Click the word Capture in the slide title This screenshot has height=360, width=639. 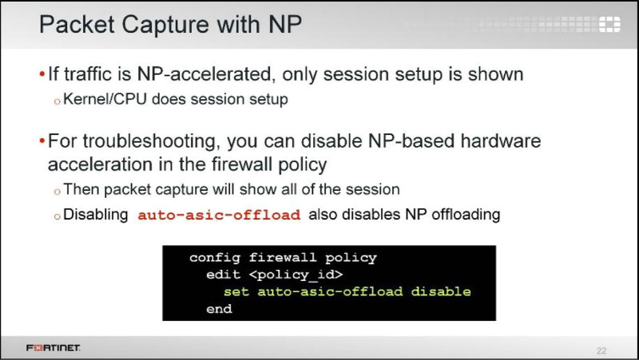tap(166, 25)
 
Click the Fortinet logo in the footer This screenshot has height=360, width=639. tap(53, 348)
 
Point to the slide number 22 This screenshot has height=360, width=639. tap(601, 350)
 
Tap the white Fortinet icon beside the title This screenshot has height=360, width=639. tap(609, 24)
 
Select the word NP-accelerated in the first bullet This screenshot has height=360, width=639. tap(204, 74)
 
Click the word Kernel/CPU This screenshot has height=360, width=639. tap(105, 99)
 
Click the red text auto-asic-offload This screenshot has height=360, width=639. tap(219, 215)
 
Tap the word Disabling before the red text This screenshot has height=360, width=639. tap(95, 215)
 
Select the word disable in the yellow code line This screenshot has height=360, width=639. tap(441, 291)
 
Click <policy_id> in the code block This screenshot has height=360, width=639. tap(296, 275)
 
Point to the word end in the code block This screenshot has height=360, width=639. tap(219, 309)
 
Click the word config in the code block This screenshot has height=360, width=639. tap(214, 258)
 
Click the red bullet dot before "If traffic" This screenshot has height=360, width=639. tap(42, 74)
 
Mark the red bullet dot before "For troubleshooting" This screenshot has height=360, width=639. tap(42, 141)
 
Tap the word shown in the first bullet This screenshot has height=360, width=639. tap(495, 74)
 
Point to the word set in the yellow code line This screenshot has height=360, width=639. tap(236, 291)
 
